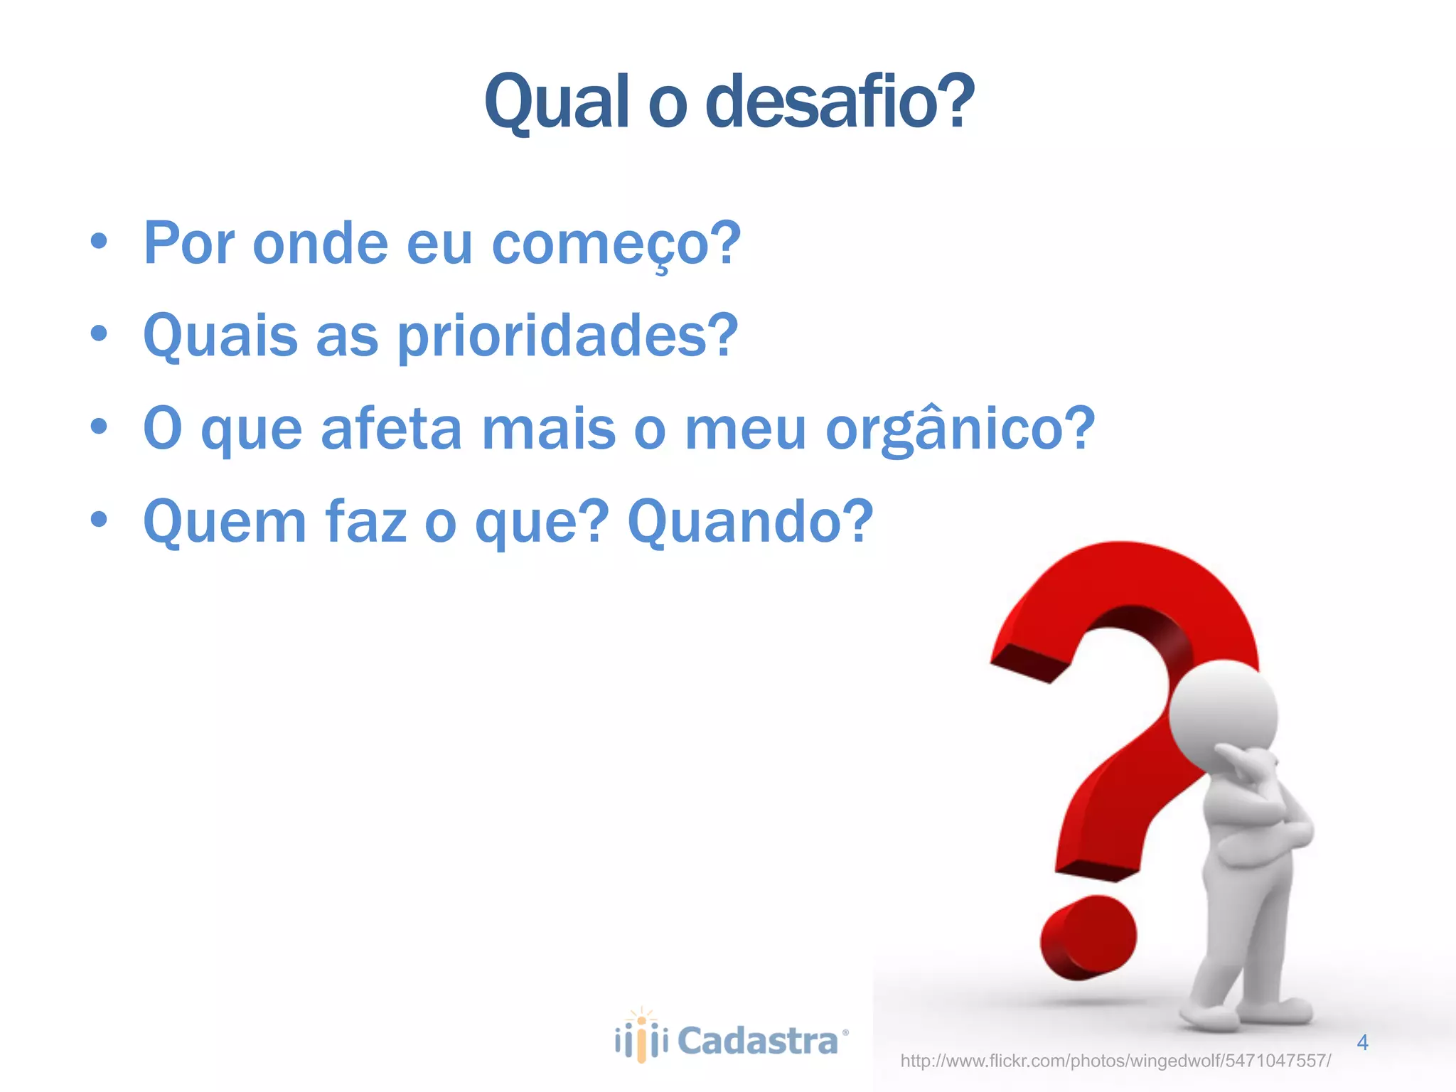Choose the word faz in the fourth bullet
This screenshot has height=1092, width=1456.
click(365, 522)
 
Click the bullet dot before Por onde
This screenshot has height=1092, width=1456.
click(100, 242)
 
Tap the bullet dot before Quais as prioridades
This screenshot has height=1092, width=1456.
click(100, 333)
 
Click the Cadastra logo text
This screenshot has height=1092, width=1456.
click(758, 1042)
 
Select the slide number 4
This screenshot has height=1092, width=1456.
click(1362, 1042)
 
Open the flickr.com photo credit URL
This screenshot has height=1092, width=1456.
click(1115, 1061)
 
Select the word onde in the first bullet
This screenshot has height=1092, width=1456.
click(320, 244)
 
